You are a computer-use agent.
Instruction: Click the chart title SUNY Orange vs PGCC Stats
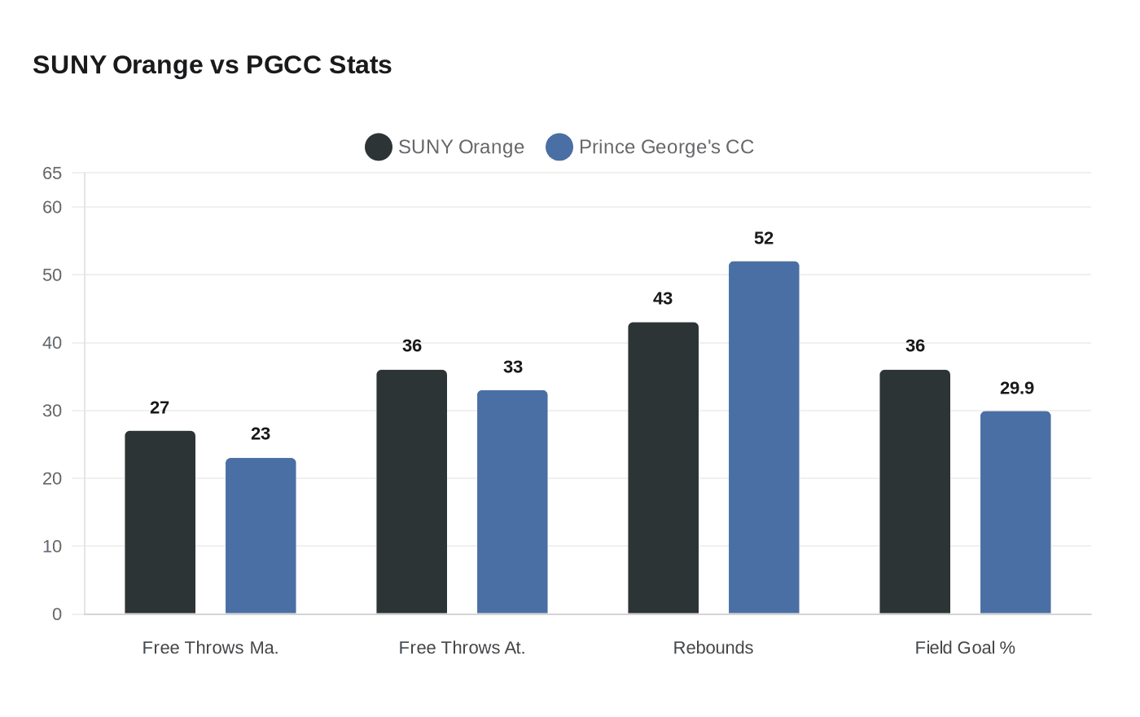pyautogui.click(x=212, y=65)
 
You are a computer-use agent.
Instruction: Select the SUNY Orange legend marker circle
pyautogui.click(x=379, y=147)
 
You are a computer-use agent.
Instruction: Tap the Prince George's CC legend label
pyautogui.click(x=666, y=147)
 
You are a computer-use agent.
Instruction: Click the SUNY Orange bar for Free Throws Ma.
pyautogui.click(x=160, y=522)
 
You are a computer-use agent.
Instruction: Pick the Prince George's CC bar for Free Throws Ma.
pyautogui.click(x=261, y=536)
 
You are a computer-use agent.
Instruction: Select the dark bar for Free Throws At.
pyautogui.click(x=411, y=492)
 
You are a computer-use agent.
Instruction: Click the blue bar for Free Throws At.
pyautogui.click(x=512, y=502)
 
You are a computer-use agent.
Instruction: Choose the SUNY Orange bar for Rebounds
pyautogui.click(x=663, y=468)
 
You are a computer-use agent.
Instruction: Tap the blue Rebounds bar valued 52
pyautogui.click(x=764, y=438)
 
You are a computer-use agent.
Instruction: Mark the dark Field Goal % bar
pyautogui.click(x=914, y=492)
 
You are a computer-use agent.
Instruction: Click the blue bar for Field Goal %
pyautogui.click(x=1015, y=512)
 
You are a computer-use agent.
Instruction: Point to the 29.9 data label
pyautogui.click(x=1016, y=389)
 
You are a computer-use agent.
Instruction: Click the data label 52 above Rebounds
pyautogui.click(x=764, y=239)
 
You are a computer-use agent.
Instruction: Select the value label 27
pyautogui.click(x=160, y=408)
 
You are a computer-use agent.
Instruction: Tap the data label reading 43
pyautogui.click(x=663, y=299)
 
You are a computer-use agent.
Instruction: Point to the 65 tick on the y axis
pyautogui.click(x=52, y=174)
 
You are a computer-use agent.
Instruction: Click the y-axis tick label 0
pyautogui.click(x=57, y=614)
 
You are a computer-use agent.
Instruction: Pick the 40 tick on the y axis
pyautogui.click(x=52, y=343)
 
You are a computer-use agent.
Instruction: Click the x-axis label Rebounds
pyautogui.click(x=713, y=648)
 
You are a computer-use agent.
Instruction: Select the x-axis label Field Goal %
pyautogui.click(x=965, y=648)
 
